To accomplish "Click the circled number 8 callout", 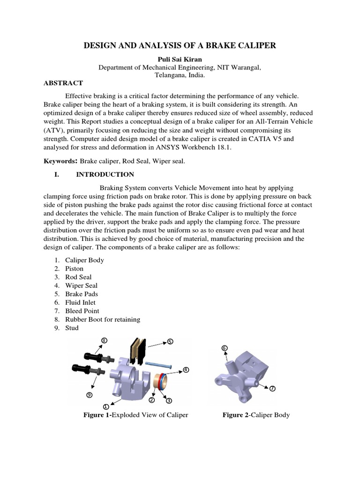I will tap(104, 340).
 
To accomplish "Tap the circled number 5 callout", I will tap(170, 342).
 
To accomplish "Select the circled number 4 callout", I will tap(186, 370).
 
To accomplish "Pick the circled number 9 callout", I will tap(89, 395).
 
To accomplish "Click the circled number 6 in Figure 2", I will tap(224, 348).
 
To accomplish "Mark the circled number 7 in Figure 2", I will tap(273, 389).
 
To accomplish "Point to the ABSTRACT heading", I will tap(63, 83).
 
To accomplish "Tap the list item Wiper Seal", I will tap(81, 285).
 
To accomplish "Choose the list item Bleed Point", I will tap(82, 311).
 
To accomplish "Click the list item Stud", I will tap(72, 328).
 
